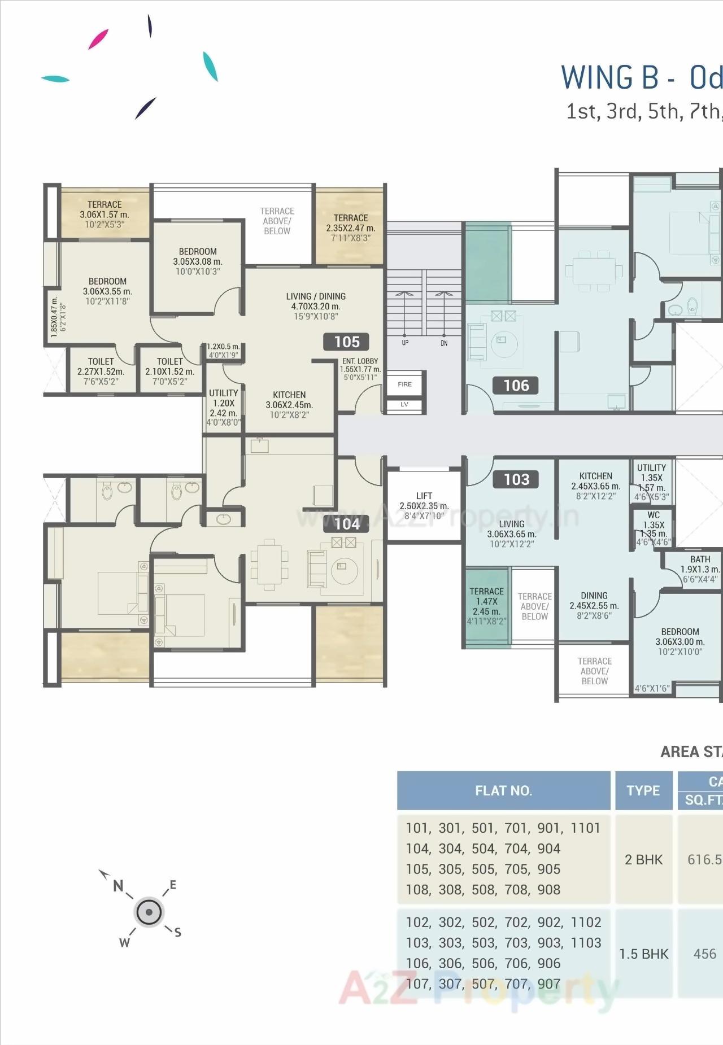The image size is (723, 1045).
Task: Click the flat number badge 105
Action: (x=346, y=342)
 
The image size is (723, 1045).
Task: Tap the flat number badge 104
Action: (x=346, y=524)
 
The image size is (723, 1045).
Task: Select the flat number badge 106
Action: (x=516, y=386)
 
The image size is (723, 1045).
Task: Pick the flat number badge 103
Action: (x=516, y=479)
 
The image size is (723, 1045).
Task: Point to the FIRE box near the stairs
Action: (x=404, y=384)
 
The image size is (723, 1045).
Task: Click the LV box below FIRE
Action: (x=404, y=404)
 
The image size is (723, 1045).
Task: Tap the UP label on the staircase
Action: (x=405, y=343)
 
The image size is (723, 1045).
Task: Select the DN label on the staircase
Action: (x=444, y=343)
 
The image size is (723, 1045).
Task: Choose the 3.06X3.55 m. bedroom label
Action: (x=107, y=291)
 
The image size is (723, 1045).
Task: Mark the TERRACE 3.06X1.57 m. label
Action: (x=104, y=214)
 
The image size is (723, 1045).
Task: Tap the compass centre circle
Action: (x=149, y=912)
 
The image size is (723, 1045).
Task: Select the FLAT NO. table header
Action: (x=503, y=790)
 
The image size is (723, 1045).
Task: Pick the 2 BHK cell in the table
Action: (x=643, y=859)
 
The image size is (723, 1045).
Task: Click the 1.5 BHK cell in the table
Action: (x=643, y=954)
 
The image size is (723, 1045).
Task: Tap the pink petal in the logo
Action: (x=98, y=39)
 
